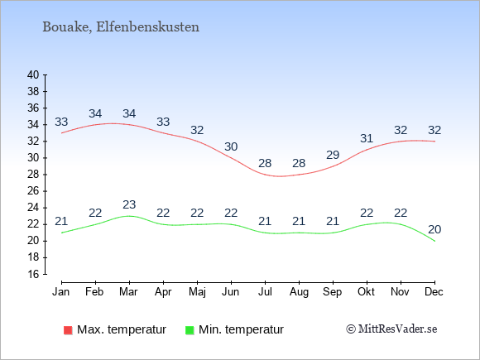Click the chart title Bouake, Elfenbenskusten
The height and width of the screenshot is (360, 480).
pyautogui.click(x=121, y=27)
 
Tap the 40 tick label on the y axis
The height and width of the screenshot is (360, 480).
pyautogui.click(x=33, y=74)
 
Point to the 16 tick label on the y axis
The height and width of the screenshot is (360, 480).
pyautogui.click(x=33, y=274)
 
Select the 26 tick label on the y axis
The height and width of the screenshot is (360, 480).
pyautogui.click(x=33, y=191)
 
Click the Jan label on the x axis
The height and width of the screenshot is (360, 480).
pyautogui.click(x=61, y=292)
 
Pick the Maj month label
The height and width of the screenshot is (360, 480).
pyautogui.click(x=197, y=292)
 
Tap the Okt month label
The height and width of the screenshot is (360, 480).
pyautogui.click(x=366, y=292)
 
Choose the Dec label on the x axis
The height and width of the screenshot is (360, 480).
pyautogui.click(x=434, y=292)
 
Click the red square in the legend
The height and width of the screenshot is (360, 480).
pyautogui.click(x=68, y=330)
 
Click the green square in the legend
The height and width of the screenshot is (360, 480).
pyautogui.click(x=190, y=330)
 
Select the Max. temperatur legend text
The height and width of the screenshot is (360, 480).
pyautogui.click(x=122, y=329)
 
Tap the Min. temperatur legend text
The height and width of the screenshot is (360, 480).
pyautogui.click(x=241, y=329)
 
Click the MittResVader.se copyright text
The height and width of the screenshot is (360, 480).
pyautogui.click(x=391, y=329)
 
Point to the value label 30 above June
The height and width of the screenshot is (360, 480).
pyautogui.click(x=231, y=146)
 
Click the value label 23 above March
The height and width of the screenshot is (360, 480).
pyautogui.click(x=129, y=204)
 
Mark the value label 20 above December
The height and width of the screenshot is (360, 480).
pyautogui.click(x=434, y=229)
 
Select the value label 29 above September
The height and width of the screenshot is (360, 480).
pyautogui.click(x=333, y=155)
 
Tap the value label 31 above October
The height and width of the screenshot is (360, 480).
pyautogui.click(x=367, y=138)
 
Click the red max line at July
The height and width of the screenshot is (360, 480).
pyautogui.click(x=265, y=175)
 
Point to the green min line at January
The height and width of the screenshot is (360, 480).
pyautogui.click(x=62, y=233)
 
